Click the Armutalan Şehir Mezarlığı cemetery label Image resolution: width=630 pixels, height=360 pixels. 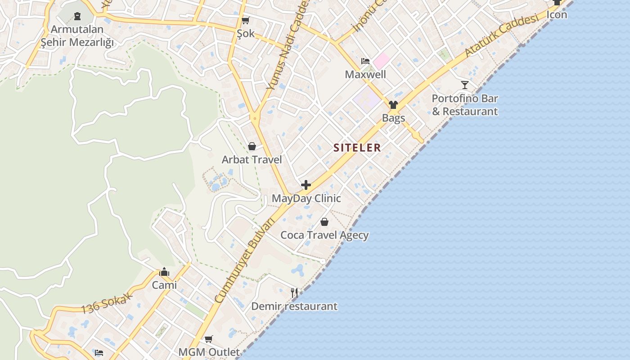click(77, 36)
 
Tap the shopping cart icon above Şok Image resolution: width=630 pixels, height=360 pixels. click(245, 20)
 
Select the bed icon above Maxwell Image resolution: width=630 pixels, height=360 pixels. click(365, 61)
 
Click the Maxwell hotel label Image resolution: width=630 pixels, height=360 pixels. click(365, 74)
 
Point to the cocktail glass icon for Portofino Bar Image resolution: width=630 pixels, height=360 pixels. click(465, 85)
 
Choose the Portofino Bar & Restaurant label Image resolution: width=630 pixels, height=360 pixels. click(465, 105)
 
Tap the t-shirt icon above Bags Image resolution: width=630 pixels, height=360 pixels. click(393, 105)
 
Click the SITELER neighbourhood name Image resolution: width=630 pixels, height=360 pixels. click(357, 148)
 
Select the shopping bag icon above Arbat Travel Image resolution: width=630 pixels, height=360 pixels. click(252, 146)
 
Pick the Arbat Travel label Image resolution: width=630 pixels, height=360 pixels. click(252, 160)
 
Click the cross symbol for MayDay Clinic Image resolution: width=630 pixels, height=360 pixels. click(306, 185)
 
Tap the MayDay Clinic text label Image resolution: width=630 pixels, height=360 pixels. click(306, 198)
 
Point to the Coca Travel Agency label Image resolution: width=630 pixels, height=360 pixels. click(324, 235)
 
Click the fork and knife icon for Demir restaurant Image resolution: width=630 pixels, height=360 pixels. click(294, 293)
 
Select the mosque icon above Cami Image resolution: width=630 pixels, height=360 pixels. click(164, 272)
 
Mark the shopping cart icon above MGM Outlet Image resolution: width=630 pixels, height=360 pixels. click(208, 339)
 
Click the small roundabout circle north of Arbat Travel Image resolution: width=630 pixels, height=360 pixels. click(255, 119)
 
